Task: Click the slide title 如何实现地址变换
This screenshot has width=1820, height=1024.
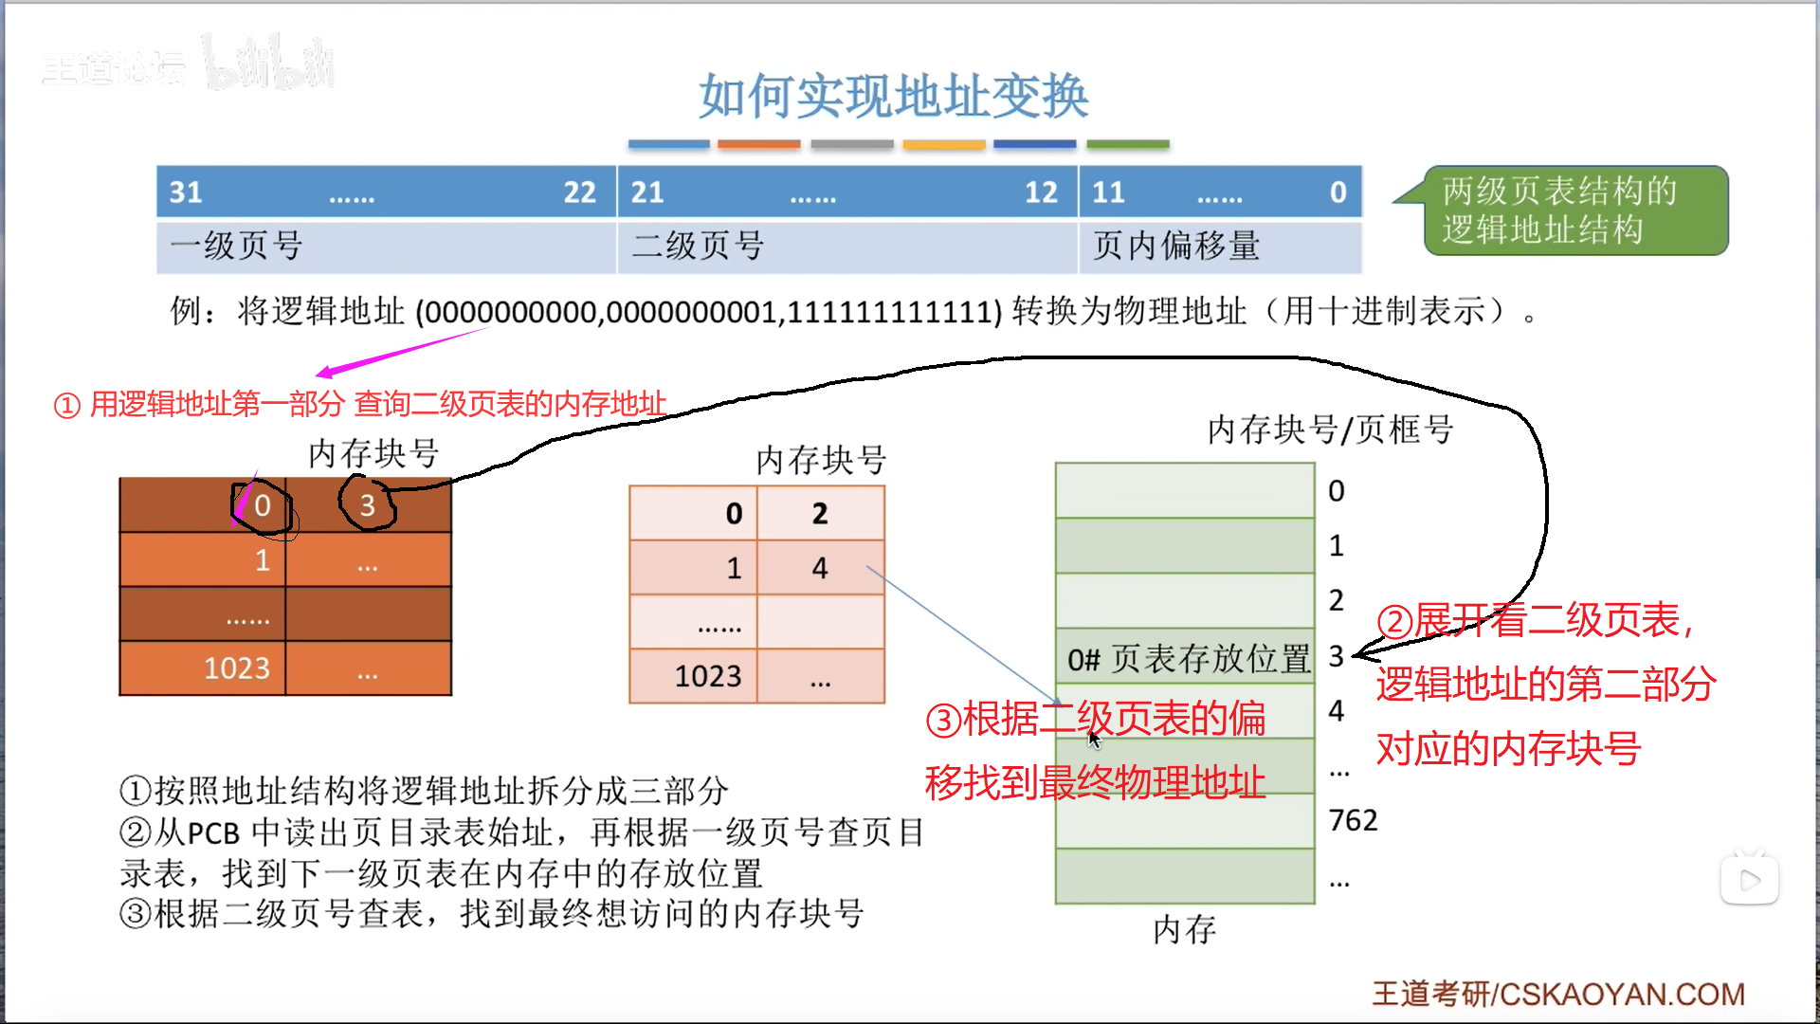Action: (x=893, y=97)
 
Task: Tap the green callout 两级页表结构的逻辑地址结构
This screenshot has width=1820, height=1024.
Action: (x=1575, y=210)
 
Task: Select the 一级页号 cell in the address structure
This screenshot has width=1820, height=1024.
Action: (x=237, y=247)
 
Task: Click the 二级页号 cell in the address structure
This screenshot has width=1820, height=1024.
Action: (x=699, y=247)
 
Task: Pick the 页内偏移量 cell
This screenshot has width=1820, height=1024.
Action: (x=1176, y=247)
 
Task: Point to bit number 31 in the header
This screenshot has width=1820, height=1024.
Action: (x=186, y=192)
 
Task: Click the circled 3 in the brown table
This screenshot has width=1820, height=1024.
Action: (x=368, y=504)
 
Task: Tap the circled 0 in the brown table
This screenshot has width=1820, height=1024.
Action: (x=263, y=506)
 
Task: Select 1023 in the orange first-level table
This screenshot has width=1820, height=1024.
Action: (x=237, y=668)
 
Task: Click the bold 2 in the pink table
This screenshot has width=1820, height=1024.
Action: (x=820, y=514)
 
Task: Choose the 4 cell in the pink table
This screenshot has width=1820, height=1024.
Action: (x=820, y=568)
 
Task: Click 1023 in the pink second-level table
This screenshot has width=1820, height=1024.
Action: (x=708, y=676)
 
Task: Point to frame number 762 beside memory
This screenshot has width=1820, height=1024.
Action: (x=1354, y=820)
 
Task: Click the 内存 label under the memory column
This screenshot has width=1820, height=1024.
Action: (x=1185, y=930)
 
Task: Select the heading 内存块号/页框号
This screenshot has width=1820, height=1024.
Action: (x=1330, y=430)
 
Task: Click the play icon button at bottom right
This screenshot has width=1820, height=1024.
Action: (x=1750, y=880)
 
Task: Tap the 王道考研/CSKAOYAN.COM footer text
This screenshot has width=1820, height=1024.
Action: (x=1558, y=994)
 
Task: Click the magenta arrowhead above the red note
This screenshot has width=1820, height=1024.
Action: (x=324, y=373)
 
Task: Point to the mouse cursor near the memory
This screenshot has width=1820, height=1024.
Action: (x=1094, y=739)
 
